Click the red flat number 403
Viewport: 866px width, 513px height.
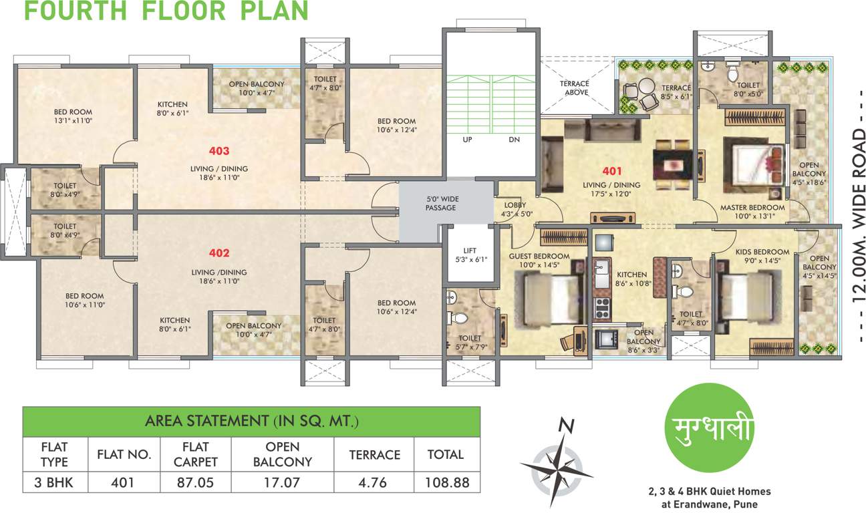(219, 151)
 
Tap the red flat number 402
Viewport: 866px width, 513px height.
(219, 253)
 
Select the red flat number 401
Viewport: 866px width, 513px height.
(612, 170)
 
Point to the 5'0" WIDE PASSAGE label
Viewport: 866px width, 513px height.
(442, 204)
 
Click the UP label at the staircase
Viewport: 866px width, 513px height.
(468, 140)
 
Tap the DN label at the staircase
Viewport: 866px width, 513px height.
(513, 140)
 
